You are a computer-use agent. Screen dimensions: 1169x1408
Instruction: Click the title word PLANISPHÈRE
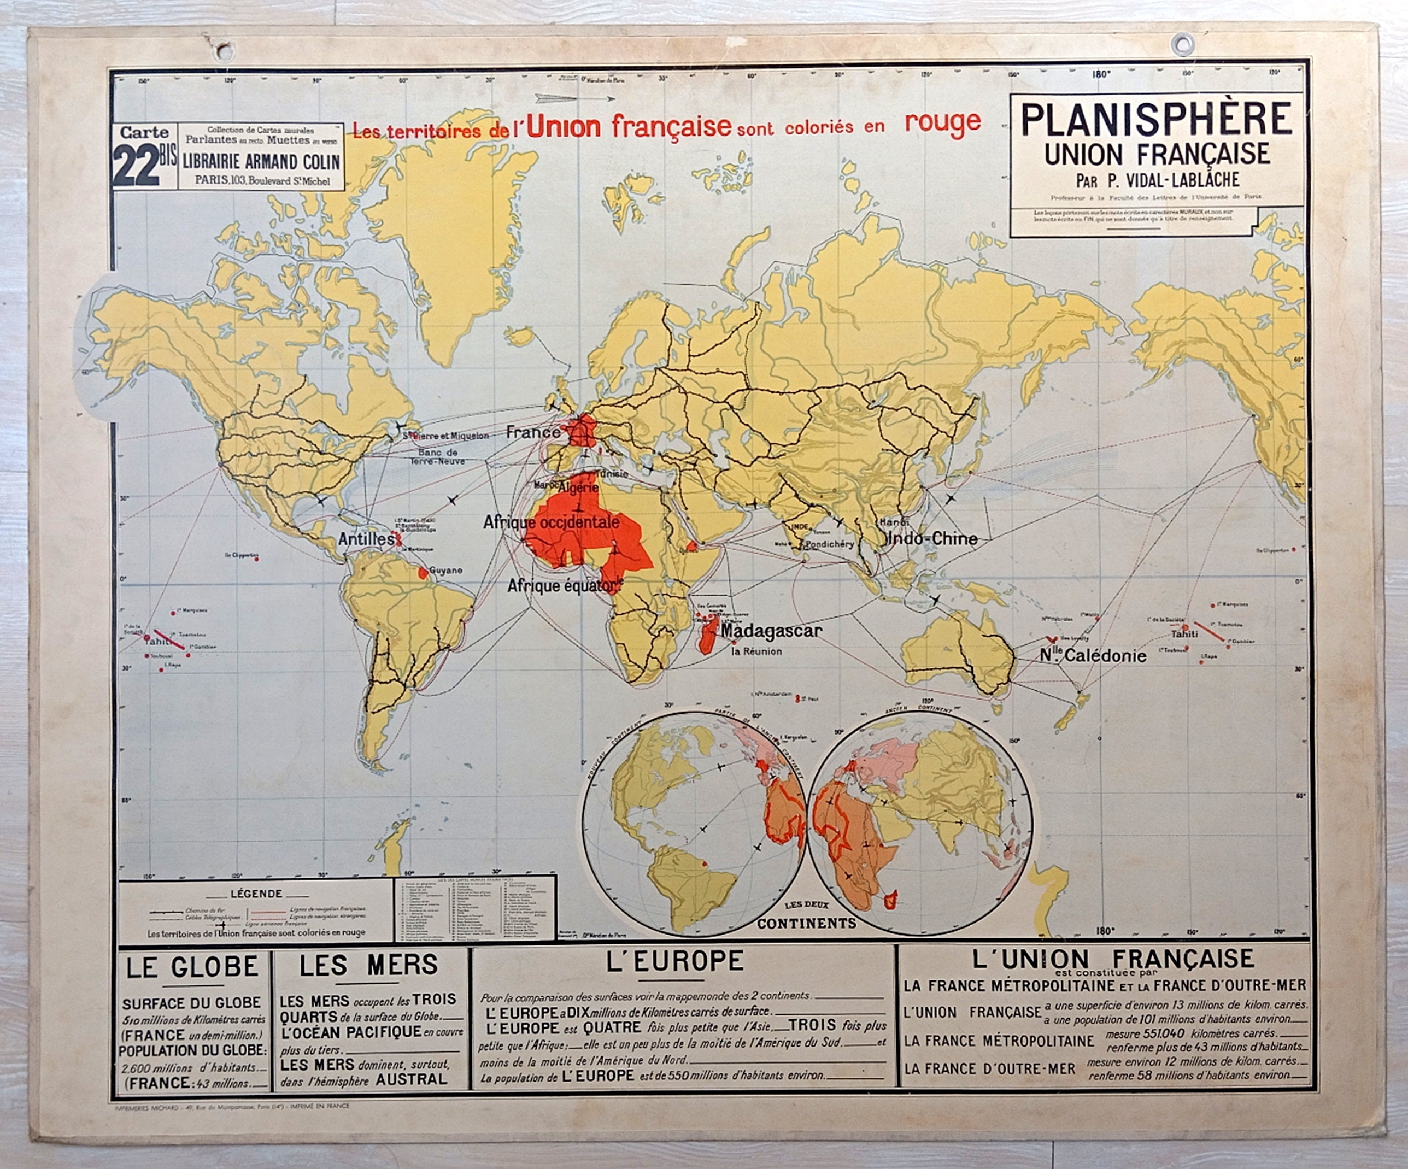(1156, 119)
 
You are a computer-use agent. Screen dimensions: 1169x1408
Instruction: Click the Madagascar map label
(771, 631)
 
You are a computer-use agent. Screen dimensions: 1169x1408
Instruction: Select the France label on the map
(533, 432)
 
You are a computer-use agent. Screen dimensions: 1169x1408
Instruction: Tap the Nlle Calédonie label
(1093, 656)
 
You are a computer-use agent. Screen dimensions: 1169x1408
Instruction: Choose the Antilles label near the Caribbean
(366, 539)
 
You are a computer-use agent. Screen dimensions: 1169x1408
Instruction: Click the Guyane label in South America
(446, 571)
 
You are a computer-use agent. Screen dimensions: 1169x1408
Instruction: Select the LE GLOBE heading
(192, 967)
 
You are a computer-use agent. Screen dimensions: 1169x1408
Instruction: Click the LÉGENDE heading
(256, 894)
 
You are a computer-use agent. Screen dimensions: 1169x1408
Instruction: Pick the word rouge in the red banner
(943, 122)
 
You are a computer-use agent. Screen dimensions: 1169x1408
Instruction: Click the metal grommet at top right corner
(1182, 45)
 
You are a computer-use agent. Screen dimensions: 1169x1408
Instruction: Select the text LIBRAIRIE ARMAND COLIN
(261, 162)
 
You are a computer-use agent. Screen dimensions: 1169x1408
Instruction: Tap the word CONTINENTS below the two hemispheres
(807, 924)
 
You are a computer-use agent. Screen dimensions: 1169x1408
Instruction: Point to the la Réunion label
(756, 651)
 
